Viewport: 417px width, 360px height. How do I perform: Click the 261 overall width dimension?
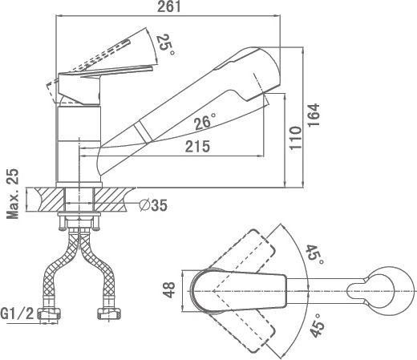click(168, 6)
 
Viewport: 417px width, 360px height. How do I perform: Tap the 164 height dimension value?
click(314, 115)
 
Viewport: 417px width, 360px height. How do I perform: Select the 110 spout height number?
click(295, 138)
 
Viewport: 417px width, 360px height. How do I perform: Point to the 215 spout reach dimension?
click(197, 146)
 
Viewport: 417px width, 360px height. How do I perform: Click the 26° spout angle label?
click(205, 122)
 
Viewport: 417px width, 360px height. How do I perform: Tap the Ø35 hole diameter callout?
click(153, 205)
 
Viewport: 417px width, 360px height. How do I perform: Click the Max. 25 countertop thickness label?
click(13, 194)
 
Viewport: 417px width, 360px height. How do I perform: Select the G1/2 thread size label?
click(18, 313)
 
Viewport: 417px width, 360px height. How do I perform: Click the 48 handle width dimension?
click(169, 290)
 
